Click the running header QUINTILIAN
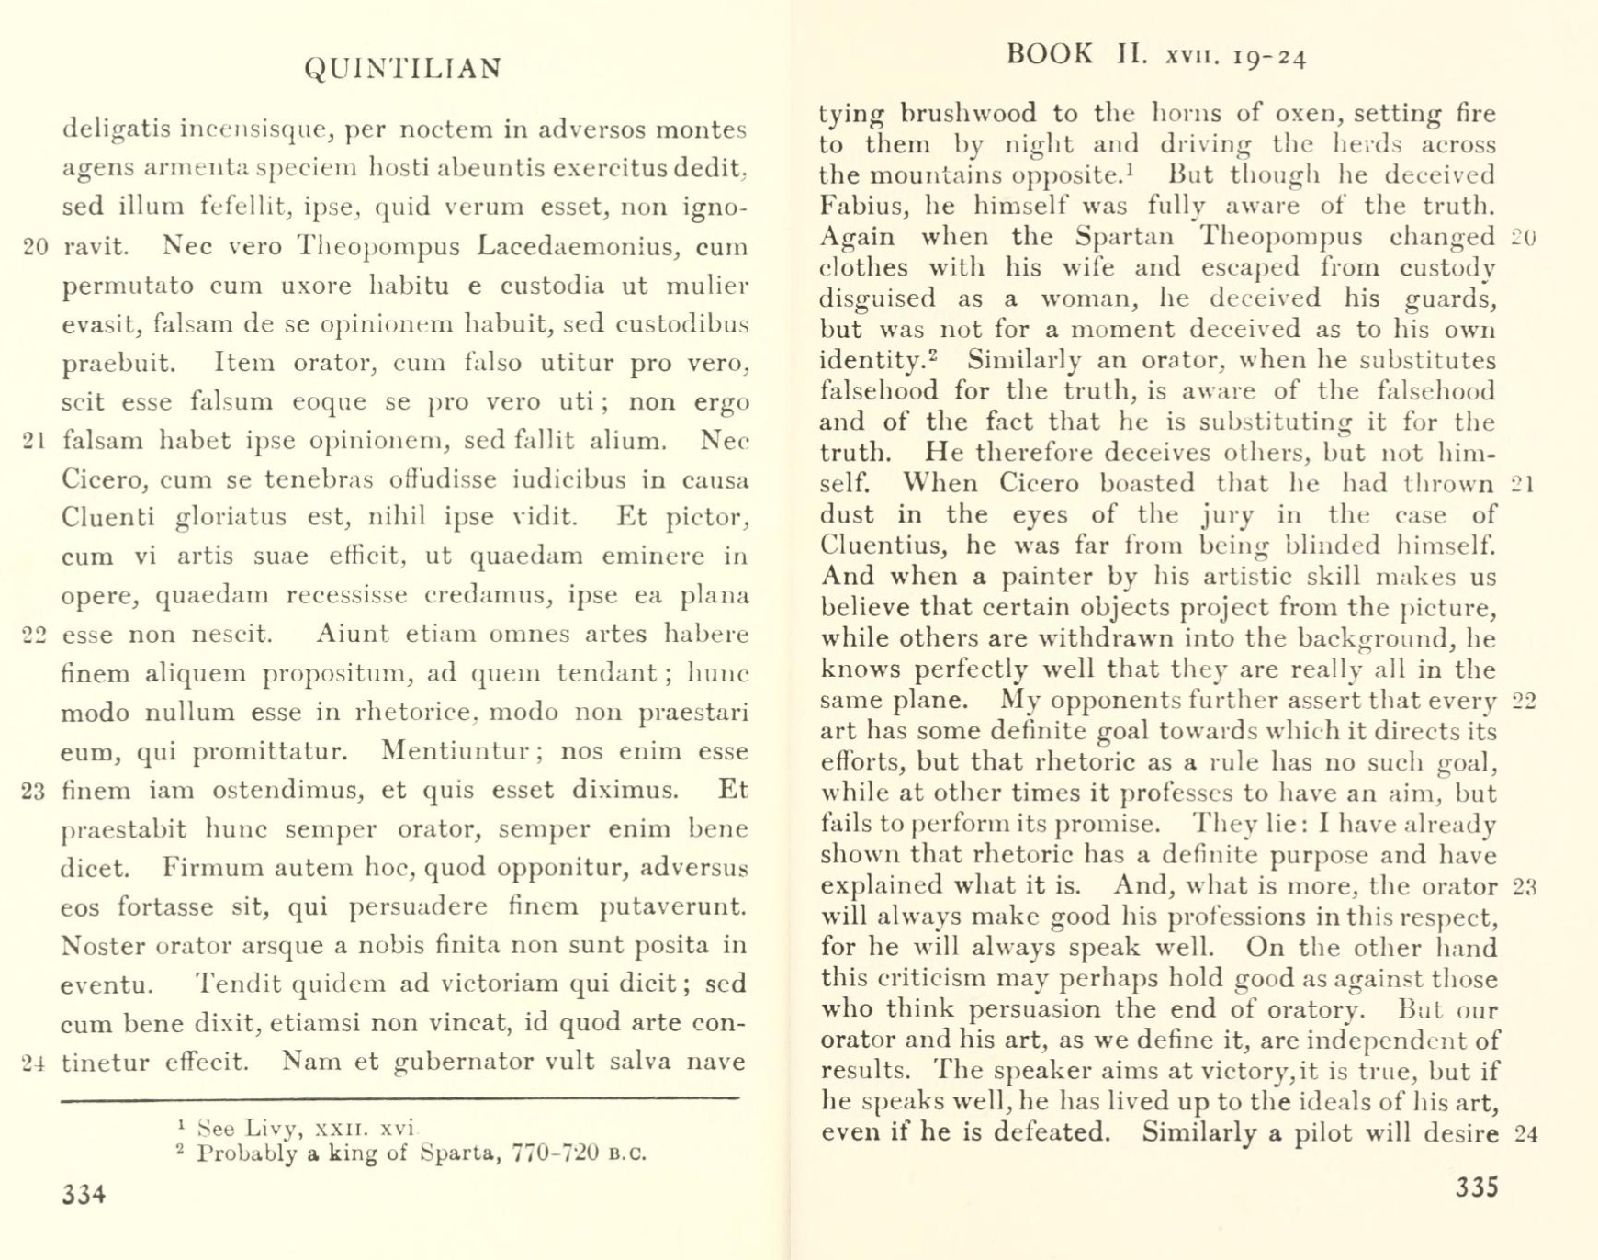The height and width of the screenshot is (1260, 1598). (x=403, y=69)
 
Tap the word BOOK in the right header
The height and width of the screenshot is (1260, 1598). (x=1050, y=54)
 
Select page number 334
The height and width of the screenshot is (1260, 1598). (x=84, y=1194)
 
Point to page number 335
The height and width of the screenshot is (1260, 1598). (x=1478, y=1187)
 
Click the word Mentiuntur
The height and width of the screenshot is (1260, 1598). (x=454, y=751)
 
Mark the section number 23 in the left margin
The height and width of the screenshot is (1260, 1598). (x=34, y=792)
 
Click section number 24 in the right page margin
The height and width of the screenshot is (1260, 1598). (x=1525, y=1134)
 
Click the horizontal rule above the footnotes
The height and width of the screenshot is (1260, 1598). (x=399, y=1098)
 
